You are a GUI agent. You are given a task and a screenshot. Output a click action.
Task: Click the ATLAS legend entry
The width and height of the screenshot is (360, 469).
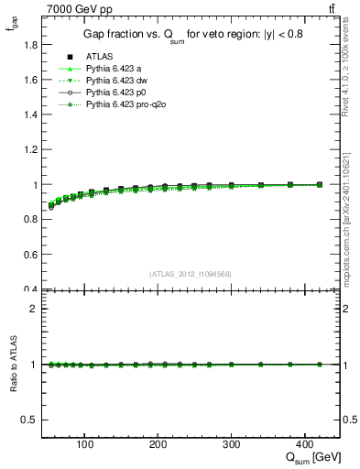click(x=100, y=56)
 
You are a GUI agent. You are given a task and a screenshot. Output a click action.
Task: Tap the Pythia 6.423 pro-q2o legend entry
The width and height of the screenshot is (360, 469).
click(x=123, y=105)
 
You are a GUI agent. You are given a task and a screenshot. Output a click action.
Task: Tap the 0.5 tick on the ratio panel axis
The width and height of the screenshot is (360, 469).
click(x=31, y=420)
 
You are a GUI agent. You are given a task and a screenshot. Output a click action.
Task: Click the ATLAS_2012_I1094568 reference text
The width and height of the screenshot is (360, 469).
click(x=191, y=273)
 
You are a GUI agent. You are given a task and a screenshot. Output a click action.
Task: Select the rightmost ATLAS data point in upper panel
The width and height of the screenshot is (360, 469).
click(x=319, y=184)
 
